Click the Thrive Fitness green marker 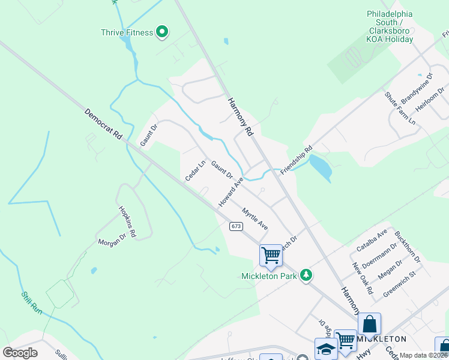point(161,31)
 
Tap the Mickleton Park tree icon point(307,275)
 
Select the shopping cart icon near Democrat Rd point(271,255)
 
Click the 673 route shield point(235,226)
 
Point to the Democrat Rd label point(103,125)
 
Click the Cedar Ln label point(196,170)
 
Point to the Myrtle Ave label point(255,219)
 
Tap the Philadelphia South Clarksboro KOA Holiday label point(390,26)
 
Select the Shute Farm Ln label point(400,108)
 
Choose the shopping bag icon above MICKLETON point(369,324)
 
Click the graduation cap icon point(326,349)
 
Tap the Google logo point(20,352)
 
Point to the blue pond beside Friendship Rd point(321,167)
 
